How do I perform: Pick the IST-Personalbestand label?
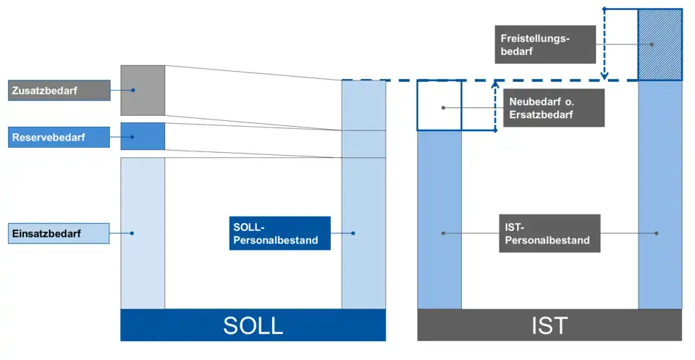549,233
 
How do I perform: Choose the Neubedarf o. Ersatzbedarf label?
553,107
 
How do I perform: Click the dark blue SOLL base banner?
253,325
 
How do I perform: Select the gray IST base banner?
549,325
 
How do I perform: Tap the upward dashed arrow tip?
495,83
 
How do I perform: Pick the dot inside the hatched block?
652,45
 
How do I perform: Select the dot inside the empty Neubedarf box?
443,107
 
